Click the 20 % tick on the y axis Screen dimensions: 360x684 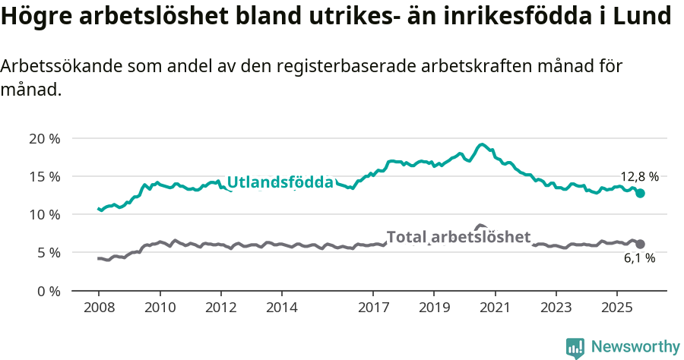(44, 138)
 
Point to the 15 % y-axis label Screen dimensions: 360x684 (44, 176)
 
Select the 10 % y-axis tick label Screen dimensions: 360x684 (44, 214)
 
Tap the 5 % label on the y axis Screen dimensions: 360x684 (47, 252)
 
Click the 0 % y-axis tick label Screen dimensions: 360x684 (47, 290)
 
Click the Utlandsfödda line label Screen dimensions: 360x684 (280, 182)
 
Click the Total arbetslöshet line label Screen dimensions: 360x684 (458, 237)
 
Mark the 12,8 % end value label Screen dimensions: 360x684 (640, 177)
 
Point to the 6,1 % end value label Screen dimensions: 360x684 (638, 258)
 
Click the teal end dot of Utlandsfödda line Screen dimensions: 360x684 (641, 194)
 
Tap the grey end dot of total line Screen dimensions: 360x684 (641, 244)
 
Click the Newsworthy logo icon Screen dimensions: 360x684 (575, 348)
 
